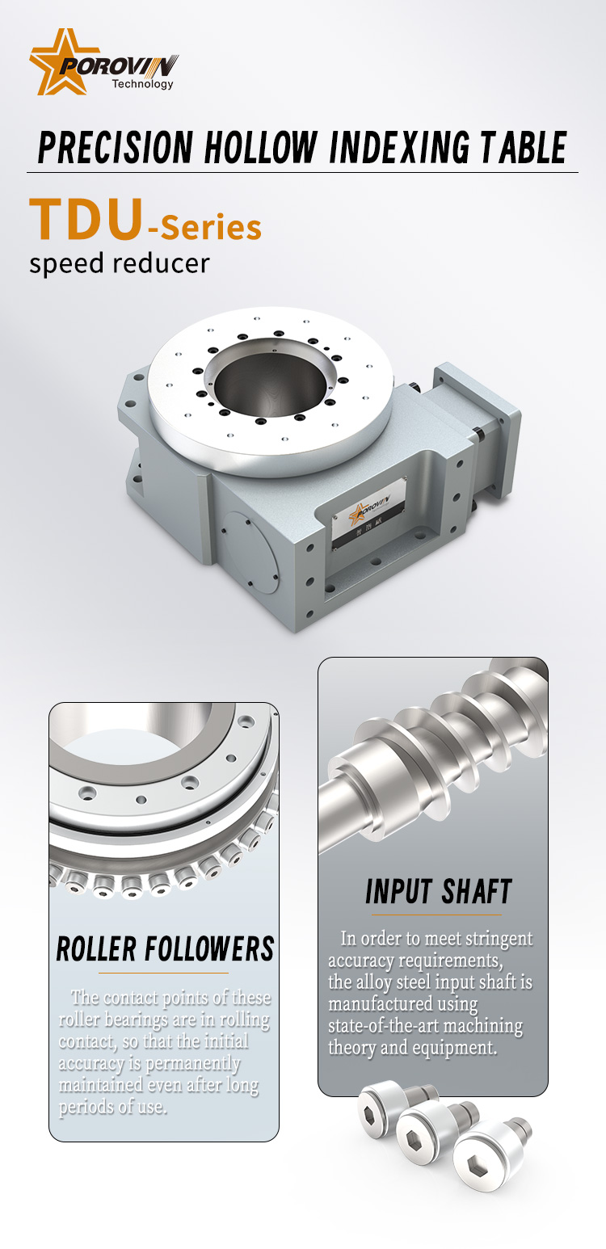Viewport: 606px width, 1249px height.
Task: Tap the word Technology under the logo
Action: (x=143, y=84)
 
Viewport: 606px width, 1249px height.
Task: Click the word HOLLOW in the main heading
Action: (x=261, y=148)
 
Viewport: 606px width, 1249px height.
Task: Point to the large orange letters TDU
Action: (x=86, y=219)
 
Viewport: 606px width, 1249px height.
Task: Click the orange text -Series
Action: (x=204, y=228)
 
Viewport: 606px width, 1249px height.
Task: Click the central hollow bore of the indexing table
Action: (x=271, y=385)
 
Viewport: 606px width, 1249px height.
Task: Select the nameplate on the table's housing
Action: (x=368, y=514)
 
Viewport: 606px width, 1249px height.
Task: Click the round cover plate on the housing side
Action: (x=250, y=552)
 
